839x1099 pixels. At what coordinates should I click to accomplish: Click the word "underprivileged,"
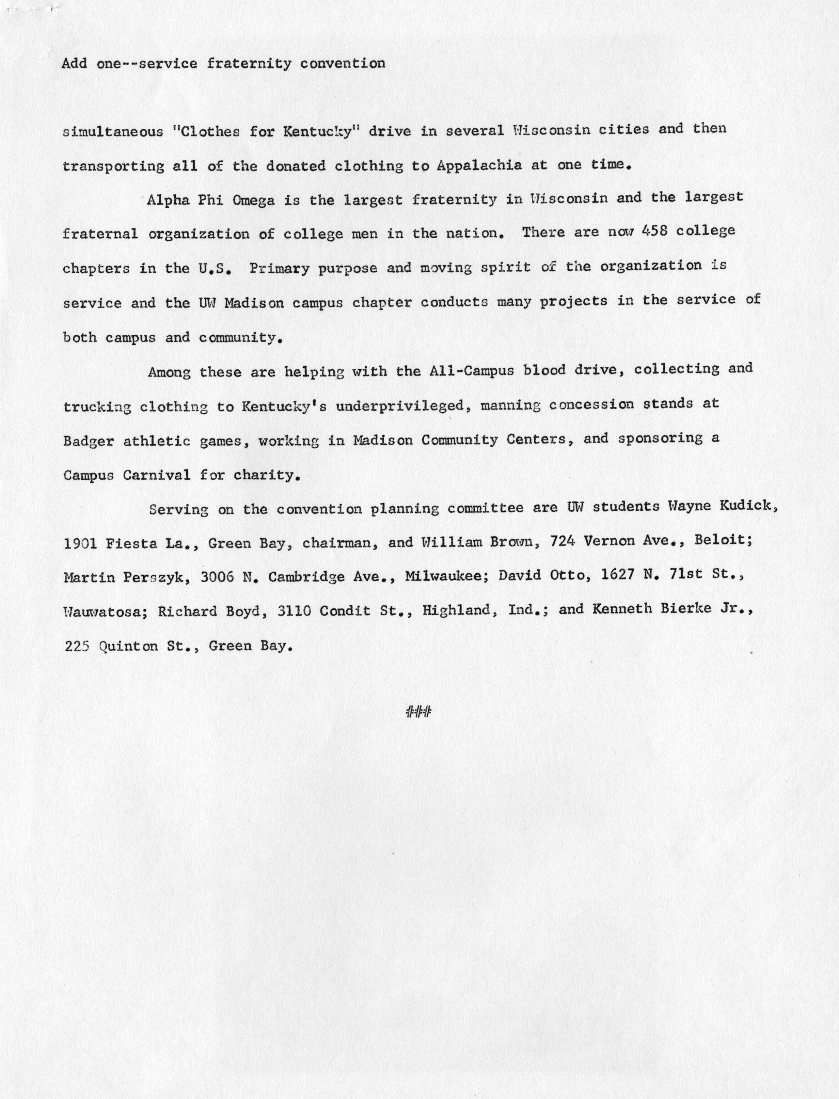pos(402,406)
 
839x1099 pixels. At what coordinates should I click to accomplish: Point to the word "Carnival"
pos(156,475)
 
